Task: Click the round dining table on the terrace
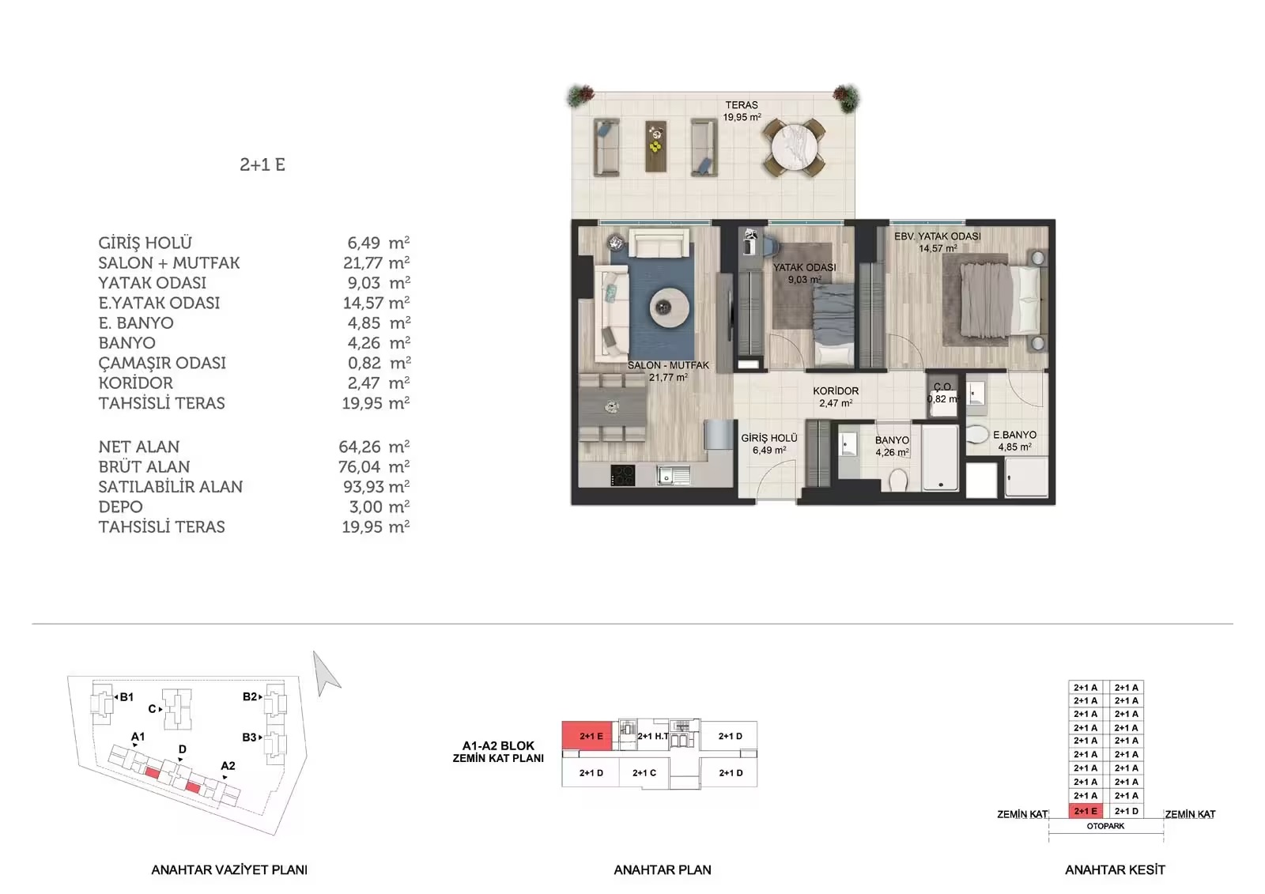pyautogui.click(x=794, y=147)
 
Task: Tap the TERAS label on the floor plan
pyautogui.click(x=742, y=105)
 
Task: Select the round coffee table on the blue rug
pyautogui.click(x=669, y=307)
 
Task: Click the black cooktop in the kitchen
pyautogui.click(x=623, y=476)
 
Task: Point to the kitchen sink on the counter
pyautogui.click(x=673, y=475)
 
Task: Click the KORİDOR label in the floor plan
pyautogui.click(x=836, y=390)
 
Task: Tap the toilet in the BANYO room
pyautogui.click(x=898, y=480)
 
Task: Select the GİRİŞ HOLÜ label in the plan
pyautogui.click(x=769, y=438)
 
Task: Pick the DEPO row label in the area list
pyautogui.click(x=120, y=507)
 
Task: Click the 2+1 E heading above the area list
pyautogui.click(x=262, y=164)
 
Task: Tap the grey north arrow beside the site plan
pyautogui.click(x=325, y=673)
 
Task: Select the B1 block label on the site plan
pyautogui.click(x=126, y=697)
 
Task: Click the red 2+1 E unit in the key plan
pyautogui.click(x=587, y=736)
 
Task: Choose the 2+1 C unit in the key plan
pyautogui.click(x=644, y=772)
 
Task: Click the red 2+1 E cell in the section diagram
pyautogui.click(x=1086, y=811)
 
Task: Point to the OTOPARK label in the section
pyautogui.click(x=1105, y=826)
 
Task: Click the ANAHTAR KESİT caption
pyautogui.click(x=1115, y=869)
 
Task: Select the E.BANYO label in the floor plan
pyautogui.click(x=1015, y=435)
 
